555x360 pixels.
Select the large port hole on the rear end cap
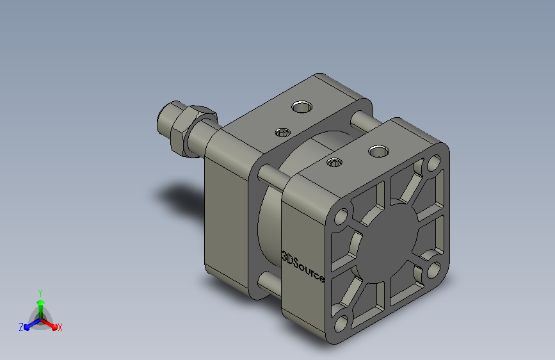(302, 106)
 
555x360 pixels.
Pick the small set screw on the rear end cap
(282, 133)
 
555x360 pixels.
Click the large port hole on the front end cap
(378, 151)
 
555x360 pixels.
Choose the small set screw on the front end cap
(335, 163)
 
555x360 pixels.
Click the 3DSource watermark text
(303, 266)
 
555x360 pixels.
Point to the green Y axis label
(40, 293)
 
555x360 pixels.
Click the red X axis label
(60, 328)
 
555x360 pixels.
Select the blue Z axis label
(21, 327)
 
